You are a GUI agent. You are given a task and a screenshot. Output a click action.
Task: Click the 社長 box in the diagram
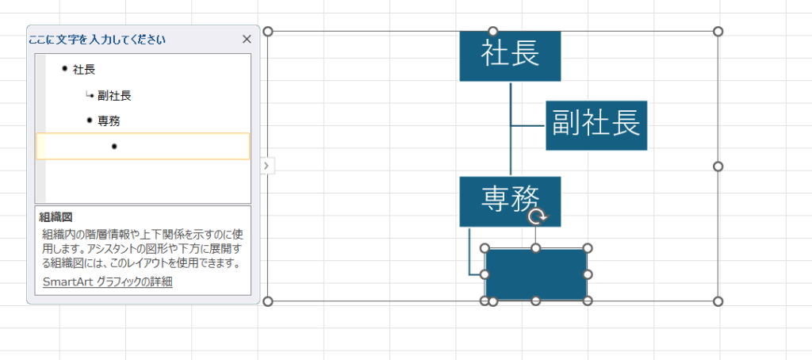510,55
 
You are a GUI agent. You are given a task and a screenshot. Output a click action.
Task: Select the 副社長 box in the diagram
596,125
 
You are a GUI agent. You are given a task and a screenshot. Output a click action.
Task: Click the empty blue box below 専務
536,274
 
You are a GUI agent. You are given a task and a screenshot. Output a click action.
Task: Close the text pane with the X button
246,39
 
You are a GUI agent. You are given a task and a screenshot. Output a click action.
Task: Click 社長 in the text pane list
84,70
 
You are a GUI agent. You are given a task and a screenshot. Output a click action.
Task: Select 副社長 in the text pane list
114,96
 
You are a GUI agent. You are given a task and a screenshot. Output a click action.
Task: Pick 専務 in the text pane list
109,121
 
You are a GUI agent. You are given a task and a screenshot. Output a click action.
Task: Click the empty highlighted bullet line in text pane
143,147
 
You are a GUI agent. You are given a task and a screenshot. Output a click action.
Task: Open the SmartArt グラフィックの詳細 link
107,281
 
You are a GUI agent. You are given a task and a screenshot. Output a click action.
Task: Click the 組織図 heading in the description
56,216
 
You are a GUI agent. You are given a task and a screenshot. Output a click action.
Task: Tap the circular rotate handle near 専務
537,216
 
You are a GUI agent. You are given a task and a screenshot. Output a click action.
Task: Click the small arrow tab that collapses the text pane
266,166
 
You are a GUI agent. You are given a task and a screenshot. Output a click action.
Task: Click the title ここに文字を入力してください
97,39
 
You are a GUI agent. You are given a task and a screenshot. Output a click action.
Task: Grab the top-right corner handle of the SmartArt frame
718,32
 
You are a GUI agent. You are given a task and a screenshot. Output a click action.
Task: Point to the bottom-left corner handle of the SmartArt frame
268,301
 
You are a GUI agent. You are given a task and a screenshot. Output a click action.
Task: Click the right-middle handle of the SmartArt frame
718,167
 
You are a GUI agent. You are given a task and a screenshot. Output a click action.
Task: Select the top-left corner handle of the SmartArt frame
268,32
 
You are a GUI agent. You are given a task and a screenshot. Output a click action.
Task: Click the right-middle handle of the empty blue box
588,274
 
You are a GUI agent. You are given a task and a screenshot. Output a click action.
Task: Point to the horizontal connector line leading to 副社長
528,125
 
